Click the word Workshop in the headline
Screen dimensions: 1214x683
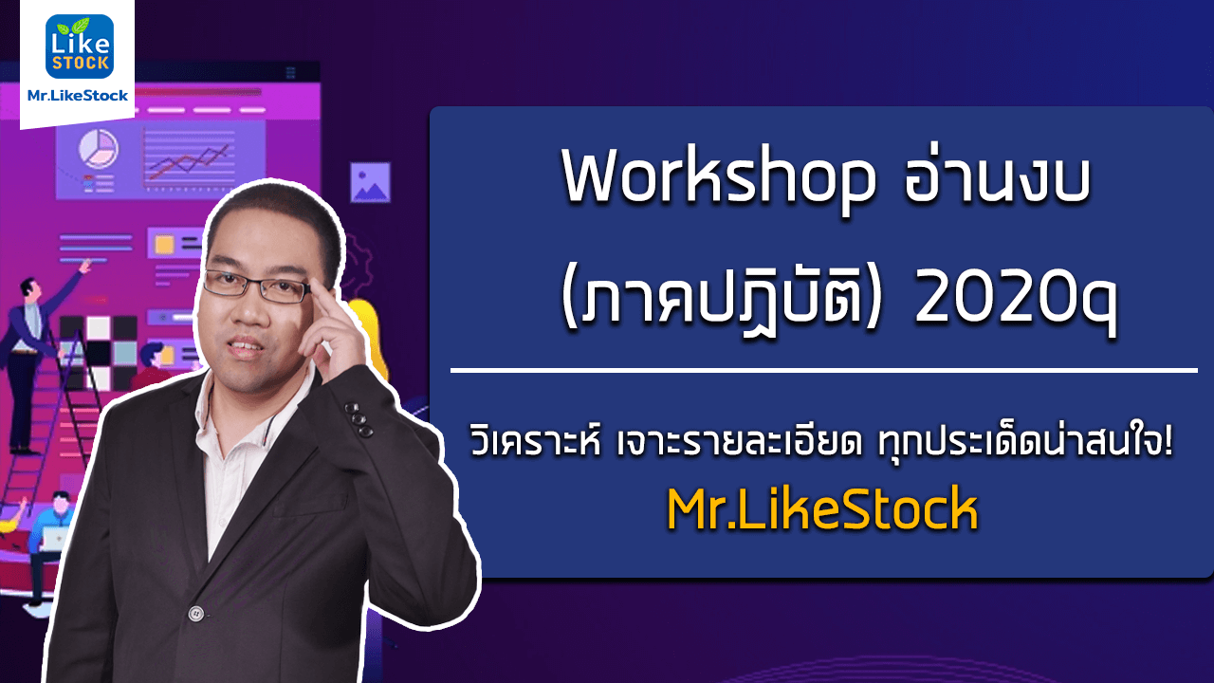click(x=719, y=179)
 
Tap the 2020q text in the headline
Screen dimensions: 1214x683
click(x=1016, y=303)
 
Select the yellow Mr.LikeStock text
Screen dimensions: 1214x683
click(x=822, y=508)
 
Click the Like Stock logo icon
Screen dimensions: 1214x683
click(x=80, y=46)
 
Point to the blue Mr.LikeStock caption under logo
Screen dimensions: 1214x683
click(x=78, y=96)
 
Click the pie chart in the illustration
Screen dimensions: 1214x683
click(x=99, y=149)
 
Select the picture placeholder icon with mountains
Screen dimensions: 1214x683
click(x=370, y=182)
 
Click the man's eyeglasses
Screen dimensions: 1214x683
click(x=257, y=286)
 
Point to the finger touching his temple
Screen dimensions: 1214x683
click(x=325, y=304)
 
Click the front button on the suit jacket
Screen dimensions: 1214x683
click(x=195, y=614)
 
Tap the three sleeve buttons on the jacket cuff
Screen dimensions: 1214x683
click(x=359, y=419)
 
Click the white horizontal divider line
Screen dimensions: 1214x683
click(x=824, y=371)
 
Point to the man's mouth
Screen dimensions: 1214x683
click(x=245, y=347)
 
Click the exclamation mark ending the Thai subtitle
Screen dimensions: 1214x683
click(x=1168, y=440)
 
